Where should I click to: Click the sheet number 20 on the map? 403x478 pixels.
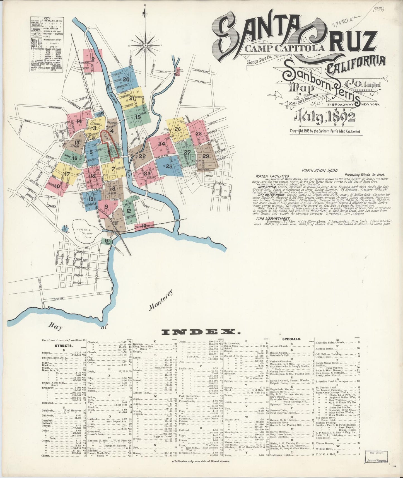(x=126, y=79)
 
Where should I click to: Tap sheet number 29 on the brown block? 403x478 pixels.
(x=206, y=156)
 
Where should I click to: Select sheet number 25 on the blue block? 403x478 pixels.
(x=169, y=166)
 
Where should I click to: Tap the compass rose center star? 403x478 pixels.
(x=146, y=45)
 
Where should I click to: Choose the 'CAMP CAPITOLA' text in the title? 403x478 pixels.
(x=285, y=48)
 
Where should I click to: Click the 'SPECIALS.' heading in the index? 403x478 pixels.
(x=291, y=339)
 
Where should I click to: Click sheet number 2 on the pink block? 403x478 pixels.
(x=93, y=59)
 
